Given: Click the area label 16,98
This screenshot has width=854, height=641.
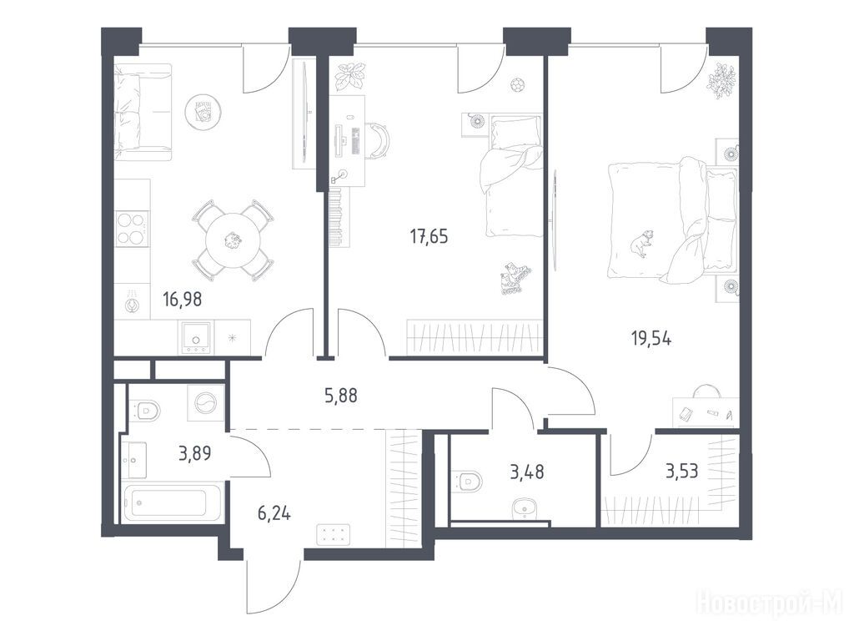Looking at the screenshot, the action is point(183,300).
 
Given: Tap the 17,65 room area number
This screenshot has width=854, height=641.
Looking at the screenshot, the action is point(430,236).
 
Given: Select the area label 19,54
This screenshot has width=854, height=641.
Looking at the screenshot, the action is point(651,339).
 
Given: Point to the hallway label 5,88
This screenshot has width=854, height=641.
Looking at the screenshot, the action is point(341,395).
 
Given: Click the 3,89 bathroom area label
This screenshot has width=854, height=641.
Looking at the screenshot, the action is point(195,453).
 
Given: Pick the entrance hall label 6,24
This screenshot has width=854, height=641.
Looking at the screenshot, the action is point(274,513).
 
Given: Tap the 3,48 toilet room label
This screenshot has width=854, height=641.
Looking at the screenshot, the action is point(527,472).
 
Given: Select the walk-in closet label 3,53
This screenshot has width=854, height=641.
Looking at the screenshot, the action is point(682,471).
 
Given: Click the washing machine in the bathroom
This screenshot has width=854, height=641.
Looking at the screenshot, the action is point(206,403).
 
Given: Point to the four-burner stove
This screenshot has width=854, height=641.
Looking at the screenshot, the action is point(132,229).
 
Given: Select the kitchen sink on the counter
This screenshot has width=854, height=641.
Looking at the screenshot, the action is point(196,337).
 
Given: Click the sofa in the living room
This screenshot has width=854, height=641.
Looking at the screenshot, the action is point(143,113).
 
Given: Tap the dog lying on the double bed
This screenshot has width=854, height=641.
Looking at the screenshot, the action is point(641,242).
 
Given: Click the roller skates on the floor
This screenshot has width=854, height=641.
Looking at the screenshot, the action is point(513,279).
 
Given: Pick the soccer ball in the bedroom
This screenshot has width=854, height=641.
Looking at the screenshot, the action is point(517,84).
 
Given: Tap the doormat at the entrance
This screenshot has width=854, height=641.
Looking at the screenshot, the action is point(333,534).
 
